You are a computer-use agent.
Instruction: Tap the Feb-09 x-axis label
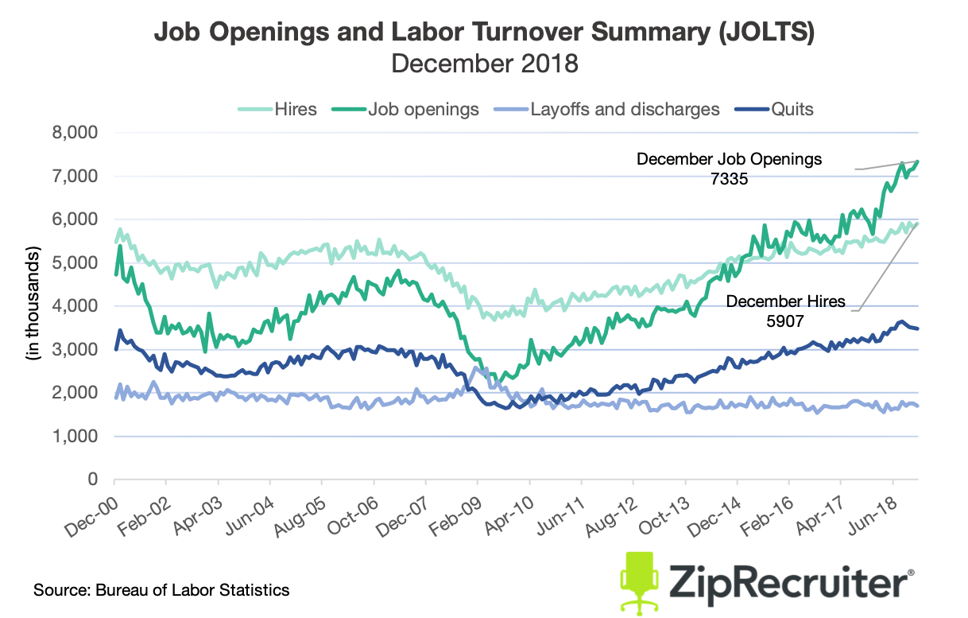tap(458, 509)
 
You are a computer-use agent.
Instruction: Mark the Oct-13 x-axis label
tap(665, 509)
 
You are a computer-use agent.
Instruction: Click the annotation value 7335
tap(730, 180)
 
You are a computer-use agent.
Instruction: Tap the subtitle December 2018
tap(484, 63)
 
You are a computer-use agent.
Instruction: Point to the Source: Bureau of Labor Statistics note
tap(161, 590)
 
